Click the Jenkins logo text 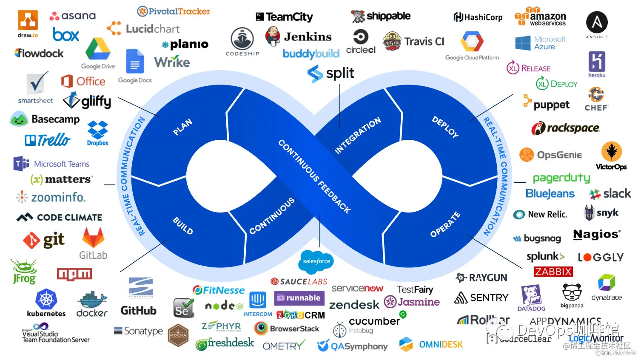(308, 37)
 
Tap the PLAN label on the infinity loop (182, 127)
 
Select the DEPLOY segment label (445, 127)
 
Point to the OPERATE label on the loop (445, 224)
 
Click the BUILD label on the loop (183, 225)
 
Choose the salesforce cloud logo (316, 261)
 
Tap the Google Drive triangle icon (98, 49)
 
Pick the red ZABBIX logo (553, 272)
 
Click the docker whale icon (92, 300)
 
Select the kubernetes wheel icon (46, 299)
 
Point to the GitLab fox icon (93, 238)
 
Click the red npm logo (74, 274)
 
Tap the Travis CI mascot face (392, 41)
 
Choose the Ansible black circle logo (597, 23)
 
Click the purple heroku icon (597, 62)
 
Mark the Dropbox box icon (97, 130)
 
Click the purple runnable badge (299, 298)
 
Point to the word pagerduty (561, 178)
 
